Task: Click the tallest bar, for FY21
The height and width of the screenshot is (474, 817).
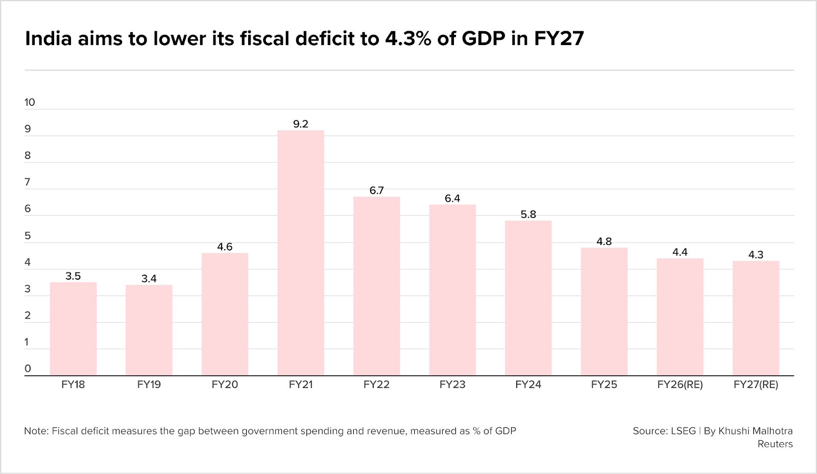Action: coord(301,253)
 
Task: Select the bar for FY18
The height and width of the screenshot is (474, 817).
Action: coord(73,329)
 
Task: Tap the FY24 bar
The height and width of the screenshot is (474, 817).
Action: coord(528,298)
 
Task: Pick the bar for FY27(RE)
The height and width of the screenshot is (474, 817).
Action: coord(756,318)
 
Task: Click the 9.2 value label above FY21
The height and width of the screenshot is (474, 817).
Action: coord(301,124)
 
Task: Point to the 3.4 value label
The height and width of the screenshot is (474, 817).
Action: coord(149,279)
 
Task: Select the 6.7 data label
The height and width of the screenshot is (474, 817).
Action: coord(376,190)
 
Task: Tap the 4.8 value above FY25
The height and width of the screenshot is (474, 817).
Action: coord(604,241)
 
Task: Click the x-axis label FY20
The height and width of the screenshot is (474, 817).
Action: coord(225,385)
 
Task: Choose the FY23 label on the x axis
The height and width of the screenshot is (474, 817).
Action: coord(452,385)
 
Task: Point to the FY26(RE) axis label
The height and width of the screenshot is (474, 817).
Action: coord(680,385)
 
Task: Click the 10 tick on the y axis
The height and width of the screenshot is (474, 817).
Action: coord(30,102)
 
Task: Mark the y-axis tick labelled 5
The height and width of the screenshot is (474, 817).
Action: coord(28,236)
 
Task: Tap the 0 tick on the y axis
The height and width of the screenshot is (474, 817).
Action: coord(28,369)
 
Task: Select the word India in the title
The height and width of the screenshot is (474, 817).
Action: coord(48,38)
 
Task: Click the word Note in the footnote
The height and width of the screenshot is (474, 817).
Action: coord(35,431)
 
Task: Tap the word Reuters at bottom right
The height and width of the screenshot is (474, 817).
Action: coord(775,444)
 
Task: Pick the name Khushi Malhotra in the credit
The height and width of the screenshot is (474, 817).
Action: coord(755,431)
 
